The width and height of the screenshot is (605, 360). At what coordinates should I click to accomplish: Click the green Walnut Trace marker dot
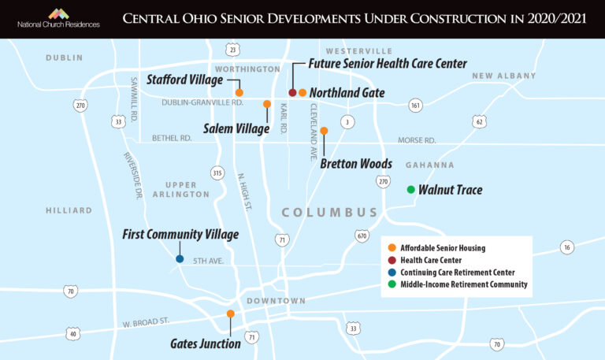(410, 190)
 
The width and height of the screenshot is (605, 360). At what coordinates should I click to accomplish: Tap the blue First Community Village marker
(180, 258)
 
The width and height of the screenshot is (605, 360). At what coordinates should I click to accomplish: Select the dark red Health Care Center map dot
(292, 93)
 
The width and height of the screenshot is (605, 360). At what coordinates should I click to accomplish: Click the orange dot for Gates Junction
(230, 314)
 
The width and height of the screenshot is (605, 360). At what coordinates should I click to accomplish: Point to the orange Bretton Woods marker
(324, 131)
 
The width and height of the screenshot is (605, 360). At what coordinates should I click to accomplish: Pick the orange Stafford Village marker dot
(239, 93)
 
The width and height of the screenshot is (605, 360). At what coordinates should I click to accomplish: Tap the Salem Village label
(236, 128)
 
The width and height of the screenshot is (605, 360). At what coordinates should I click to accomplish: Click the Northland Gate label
(347, 93)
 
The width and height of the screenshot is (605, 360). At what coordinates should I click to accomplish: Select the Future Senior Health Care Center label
(388, 64)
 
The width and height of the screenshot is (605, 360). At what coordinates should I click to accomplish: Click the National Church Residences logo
(58, 18)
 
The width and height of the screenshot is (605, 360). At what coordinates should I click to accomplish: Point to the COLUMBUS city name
(330, 213)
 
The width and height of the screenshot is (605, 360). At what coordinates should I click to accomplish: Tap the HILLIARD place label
(69, 210)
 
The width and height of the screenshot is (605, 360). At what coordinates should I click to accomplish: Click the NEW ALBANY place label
(503, 76)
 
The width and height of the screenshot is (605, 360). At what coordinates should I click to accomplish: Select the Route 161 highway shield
(415, 105)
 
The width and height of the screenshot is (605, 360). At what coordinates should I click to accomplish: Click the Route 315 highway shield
(217, 173)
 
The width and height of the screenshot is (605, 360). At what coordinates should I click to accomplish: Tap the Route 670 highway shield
(362, 236)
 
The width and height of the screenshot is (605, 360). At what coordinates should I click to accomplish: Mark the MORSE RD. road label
(417, 140)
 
